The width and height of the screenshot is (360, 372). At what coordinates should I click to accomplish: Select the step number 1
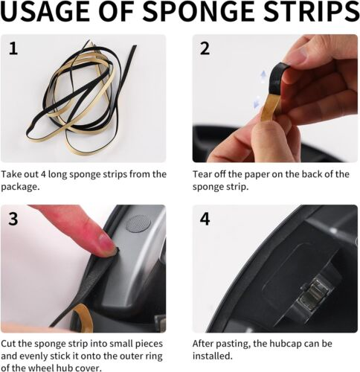pyautogui.click(x=13, y=48)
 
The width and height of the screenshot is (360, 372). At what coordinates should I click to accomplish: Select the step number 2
pyautogui.click(x=205, y=48)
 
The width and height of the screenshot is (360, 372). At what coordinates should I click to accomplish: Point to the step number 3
pyautogui.click(x=13, y=219)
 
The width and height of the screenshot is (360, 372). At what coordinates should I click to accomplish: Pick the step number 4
pyautogui.click(x=205, y=219)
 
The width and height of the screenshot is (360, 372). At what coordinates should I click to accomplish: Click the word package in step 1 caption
pyautogui.click(x=20, y=187)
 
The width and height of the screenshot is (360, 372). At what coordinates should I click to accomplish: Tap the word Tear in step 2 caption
pyautogui.click(x=202, y=174)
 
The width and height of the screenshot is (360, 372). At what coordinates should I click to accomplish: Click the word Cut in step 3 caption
pyautogui.click(x=8, y=344)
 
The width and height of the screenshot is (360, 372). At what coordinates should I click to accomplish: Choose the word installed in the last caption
pyautogui.click(x=213, y=356)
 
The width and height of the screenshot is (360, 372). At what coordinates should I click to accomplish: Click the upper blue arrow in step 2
pyautogui.click(x=263, y=75)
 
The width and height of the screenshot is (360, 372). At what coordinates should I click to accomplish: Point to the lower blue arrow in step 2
pyautogui.click(x=257, y=102)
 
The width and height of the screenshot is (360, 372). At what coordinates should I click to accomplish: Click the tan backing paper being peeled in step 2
pyautogui.click(x=270, y=106)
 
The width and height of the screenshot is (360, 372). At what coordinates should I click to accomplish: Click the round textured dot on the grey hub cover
pyautogui.click(x=138, y=224)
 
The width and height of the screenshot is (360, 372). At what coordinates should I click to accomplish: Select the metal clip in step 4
pyautogui.click(x=314, y=294)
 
